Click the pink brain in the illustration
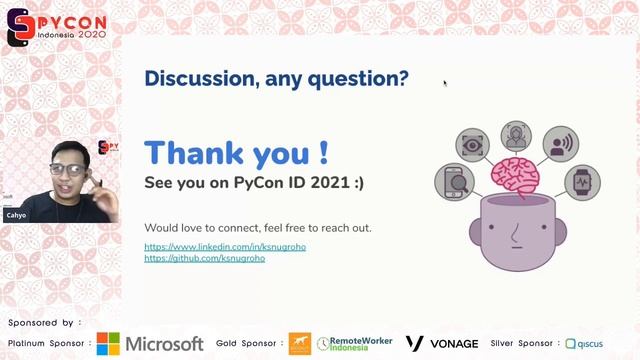[515, 177]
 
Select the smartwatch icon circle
[581, 183]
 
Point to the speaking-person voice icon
[560, 144]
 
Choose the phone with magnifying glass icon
[452, 183]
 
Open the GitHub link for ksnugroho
[204, 258]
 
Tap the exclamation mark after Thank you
[323, 154]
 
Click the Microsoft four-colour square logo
[108, 344]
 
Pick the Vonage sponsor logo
[441, 344]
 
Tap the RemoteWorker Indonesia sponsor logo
[355, 344]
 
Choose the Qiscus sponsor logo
[584, 344]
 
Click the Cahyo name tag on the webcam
[16, 215]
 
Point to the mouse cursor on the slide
[445, 83]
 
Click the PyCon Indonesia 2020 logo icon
[18, 27]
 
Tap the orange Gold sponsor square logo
[299, 344]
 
